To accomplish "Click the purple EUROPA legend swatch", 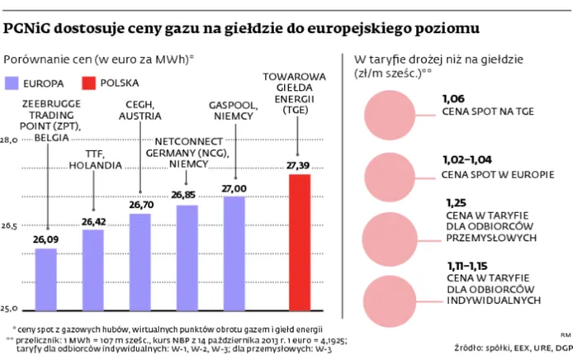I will tap(16, 83).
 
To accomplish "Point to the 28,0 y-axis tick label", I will tap(10, 141).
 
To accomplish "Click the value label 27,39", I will tap(298, 167).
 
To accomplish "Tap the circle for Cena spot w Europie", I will tap(389, 168).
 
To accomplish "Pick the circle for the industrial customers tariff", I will tap(389, 225).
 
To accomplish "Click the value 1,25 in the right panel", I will tap(455, 202).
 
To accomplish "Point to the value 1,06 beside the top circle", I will tap(454, 98).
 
